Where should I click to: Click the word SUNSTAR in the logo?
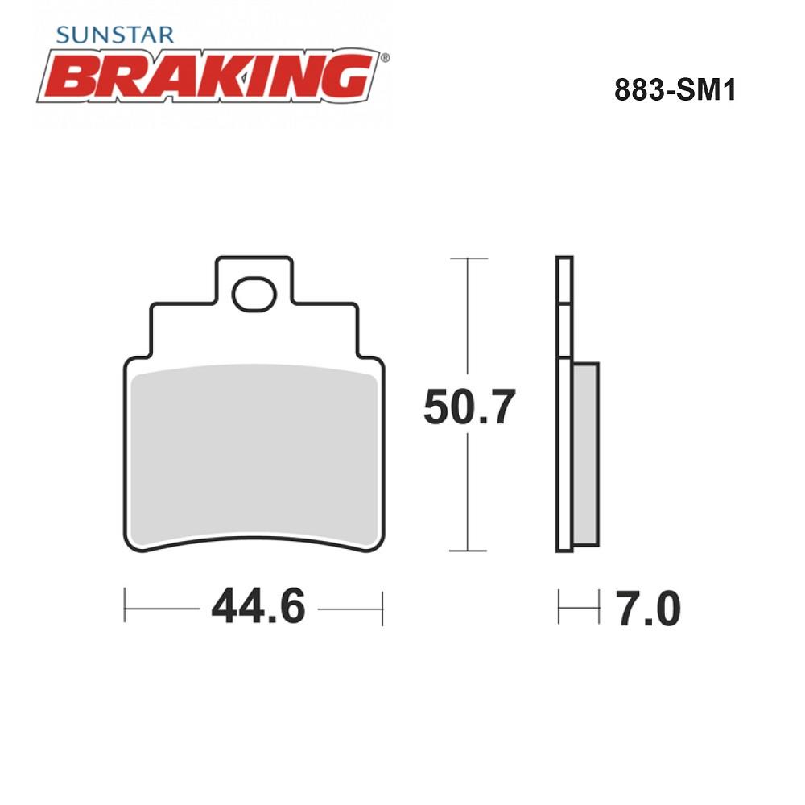click(x=115, y=35)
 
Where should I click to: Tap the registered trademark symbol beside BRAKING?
click(x=385, y=57)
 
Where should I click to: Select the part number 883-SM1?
click(x=675, y=90)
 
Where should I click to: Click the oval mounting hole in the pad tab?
click(x=254, y=294)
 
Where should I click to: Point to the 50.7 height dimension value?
click(x=469, y=407)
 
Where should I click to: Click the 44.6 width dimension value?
click(x=258, y=606)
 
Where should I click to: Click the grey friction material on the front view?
click(x=254, y=455)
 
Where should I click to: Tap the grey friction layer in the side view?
click(x=585, y=454)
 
